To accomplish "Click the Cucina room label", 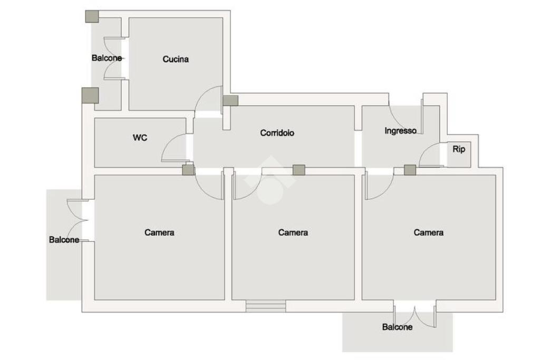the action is (176, 60).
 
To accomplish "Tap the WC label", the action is (140, 138).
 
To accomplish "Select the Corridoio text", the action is (277, 133).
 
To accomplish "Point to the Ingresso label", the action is (400, 131).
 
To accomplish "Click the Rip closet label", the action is (459, 150).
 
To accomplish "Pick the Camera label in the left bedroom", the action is (159, 232).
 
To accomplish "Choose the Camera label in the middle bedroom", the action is (293, 232).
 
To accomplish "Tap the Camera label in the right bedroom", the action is (428, 232).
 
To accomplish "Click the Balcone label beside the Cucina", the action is (107, 58).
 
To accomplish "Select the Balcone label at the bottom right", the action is (397, 327).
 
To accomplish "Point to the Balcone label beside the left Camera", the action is (64, 240).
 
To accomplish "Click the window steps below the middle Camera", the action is (266, 306).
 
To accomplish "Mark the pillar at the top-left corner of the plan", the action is (92, 16).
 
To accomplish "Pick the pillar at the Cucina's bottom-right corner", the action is (230, 100).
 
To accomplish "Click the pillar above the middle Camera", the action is (298, 170).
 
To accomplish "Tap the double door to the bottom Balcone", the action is (414, 315).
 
